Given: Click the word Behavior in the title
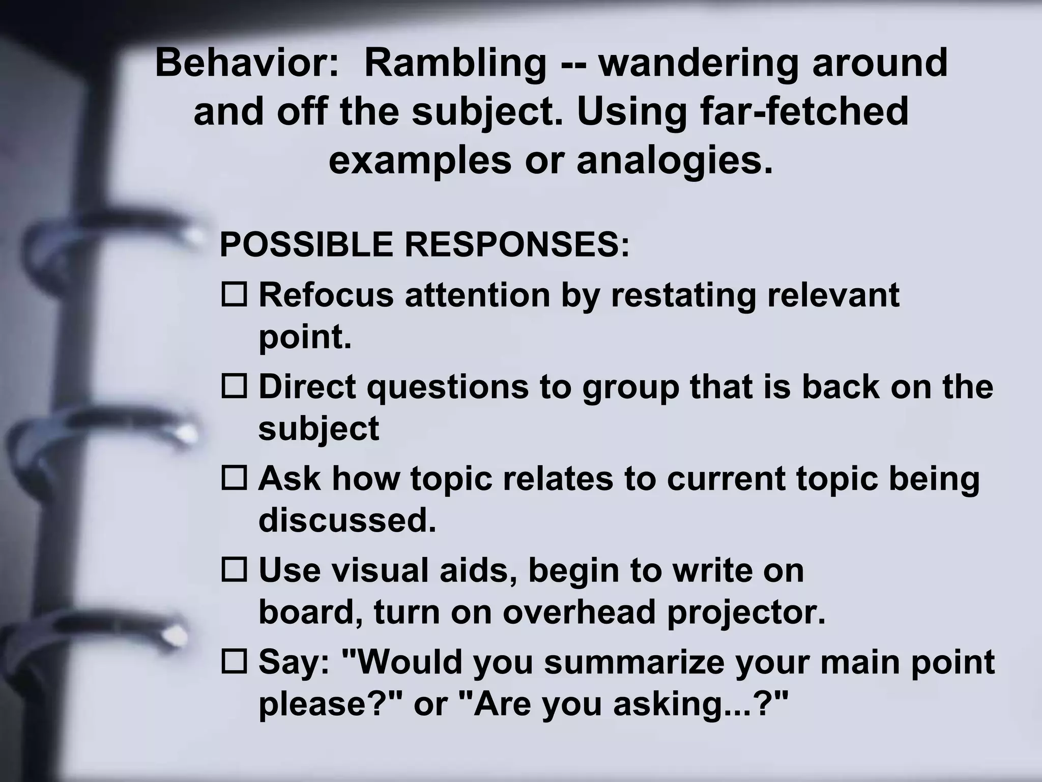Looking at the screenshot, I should (247, 63).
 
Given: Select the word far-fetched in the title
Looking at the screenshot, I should (804, 111).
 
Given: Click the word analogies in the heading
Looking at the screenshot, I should (674, 160).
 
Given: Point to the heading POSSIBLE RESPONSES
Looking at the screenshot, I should (424, 244).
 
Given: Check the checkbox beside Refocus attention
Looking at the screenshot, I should (234, 294).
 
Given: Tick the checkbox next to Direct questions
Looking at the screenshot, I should (234, 386).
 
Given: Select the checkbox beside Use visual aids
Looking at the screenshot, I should (234, 569).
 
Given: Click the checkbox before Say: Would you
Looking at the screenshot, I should (234, 661).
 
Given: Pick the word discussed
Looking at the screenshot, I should (347, 520).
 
